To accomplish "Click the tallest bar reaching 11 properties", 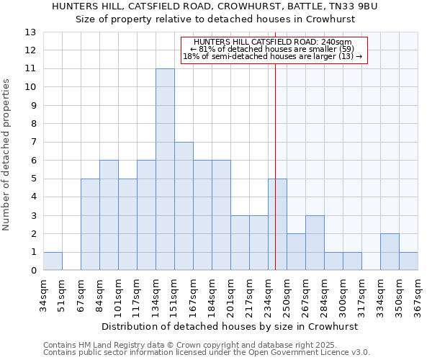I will tap(165, 170).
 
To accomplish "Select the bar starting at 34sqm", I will tap(53, 261).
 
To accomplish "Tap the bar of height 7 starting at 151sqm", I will tap(184, 206).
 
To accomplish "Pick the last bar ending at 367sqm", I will tap(408, 261).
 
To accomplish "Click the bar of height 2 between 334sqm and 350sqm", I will tap(390, 252).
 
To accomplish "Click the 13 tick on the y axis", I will tap(30, 32).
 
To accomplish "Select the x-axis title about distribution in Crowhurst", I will tap(230, 326).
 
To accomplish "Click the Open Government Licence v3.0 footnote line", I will tap(207, 353).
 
